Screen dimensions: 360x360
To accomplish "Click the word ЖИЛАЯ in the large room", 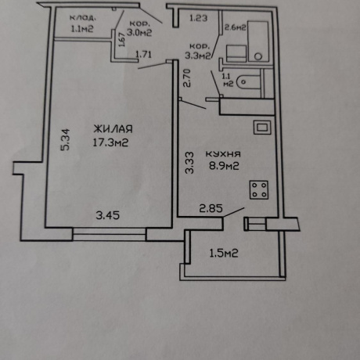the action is pyautogui.click(x=113, y=129).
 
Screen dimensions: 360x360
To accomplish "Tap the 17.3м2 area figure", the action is pyautogui.click(x=110, y=142).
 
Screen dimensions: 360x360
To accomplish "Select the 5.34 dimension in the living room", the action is pyautogui.click(x=65, y=139).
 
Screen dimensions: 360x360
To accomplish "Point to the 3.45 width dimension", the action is pyautogui.click(x=108, y=215).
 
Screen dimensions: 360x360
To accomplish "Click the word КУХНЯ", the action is pyautogui.click(x=223, y=154).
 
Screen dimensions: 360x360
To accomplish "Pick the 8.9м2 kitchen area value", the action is pyautogui.click(x=224, y=166).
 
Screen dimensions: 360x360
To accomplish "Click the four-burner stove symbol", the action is pyautogui.click(x=259, y=190).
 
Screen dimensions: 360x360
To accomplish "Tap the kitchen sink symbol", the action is pyautogui.click(x=262, y=128).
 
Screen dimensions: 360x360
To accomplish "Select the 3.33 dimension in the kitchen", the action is pyautogui.click(x=189, y=163).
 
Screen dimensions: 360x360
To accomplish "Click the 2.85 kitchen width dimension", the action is pyautogui.click(x=211, y=208).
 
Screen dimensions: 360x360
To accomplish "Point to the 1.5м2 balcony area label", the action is pyautogui.click(x=224, y=254).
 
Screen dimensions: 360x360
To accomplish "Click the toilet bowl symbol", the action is pyautogui.click(x=249, y=82).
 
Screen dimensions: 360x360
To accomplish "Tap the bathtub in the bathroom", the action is pyautogui.click(x=258, y=41).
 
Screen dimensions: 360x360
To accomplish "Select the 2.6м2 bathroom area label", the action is pyautogui.click(x=236, y=27).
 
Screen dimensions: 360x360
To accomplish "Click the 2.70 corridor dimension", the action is pyautogui.click(x=187, y=78).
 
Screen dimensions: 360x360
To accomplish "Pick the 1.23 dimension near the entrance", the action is pyautogui.click(x=198, y=18).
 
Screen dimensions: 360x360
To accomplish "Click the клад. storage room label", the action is pyautogui.click(x=82, y=18).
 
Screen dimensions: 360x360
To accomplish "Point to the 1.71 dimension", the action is pyautogui.click(x=143, y=55).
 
